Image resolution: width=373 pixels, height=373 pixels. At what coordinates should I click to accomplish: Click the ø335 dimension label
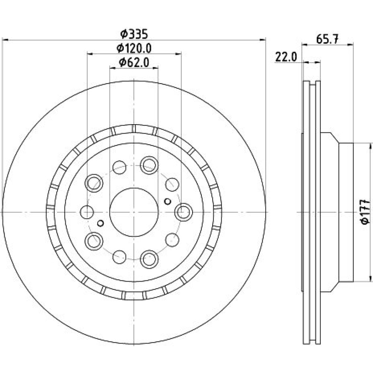pos(134,34)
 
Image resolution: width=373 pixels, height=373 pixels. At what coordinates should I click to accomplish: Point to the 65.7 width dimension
pos(327,39)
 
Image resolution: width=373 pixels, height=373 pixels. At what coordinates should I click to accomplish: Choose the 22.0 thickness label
pos(286,57)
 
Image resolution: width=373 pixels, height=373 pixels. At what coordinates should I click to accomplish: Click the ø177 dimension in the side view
pos(366,212)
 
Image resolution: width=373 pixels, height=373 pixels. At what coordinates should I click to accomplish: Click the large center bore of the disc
pos(134,212)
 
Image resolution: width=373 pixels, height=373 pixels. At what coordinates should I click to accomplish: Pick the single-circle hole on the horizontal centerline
pos(87,212)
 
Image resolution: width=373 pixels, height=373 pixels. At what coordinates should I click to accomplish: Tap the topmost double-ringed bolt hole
pos(149,165)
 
